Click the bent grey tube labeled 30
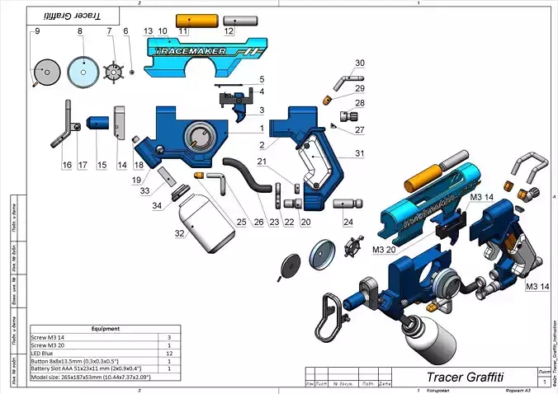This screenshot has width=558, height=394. coord(343,78)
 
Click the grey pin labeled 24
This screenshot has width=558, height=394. coord(348,202)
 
